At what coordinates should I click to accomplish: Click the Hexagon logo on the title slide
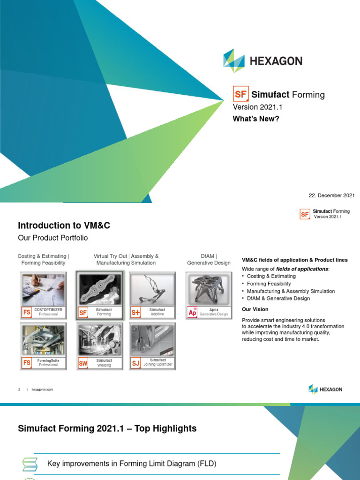(262, 61)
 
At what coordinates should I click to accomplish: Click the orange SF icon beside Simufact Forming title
(241, 94)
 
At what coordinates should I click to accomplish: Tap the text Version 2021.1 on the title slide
(258, 107)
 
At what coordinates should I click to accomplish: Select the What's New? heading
(256, 119)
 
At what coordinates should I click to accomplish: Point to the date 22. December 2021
(332, 195)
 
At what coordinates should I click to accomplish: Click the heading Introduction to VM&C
(64, 225)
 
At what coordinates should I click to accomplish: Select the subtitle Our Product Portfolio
(52, 238)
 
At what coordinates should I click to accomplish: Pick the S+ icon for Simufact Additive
(136, 312)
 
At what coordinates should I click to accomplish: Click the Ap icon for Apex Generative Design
(192, 312)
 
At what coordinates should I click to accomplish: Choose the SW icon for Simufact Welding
(83, 363)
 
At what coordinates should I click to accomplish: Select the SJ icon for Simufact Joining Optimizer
(136, 363)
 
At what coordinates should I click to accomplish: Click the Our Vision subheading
(255, 309)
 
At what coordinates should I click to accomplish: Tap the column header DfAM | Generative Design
(209, 260)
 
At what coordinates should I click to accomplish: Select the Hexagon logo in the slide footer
(325, 389)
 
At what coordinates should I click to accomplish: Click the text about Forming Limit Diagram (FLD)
(132, 464)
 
